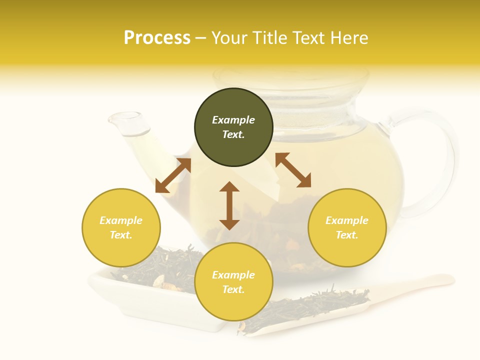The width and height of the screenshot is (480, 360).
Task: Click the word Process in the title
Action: coord(157,38)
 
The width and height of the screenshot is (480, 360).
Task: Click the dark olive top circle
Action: coord(233,127)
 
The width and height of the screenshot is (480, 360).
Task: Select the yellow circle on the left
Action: coord(121,227)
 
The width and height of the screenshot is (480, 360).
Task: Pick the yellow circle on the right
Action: coord(347,227)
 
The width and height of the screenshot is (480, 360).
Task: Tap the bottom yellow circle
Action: coord(233,281)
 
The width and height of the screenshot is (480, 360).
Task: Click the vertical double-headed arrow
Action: coord(229,205)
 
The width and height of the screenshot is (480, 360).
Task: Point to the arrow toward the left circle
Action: coord(173,175)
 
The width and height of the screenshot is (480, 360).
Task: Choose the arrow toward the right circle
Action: coord(293,170)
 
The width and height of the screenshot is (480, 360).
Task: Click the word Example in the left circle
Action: coord(121,220)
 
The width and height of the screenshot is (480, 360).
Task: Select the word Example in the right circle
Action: coord(347,220)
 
